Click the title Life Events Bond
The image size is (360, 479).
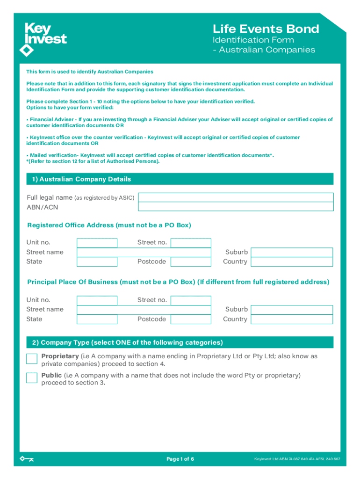click(266, 29)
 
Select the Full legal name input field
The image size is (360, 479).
click(236, 197)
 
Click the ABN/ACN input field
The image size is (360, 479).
click(236, 207)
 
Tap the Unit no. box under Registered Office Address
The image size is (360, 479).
click(97, 243)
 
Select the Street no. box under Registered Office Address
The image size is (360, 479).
click(191, 243)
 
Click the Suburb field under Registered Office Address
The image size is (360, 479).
click(292, 252)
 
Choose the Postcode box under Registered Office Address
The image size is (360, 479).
click(191, 262)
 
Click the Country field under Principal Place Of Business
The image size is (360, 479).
click(292, 319)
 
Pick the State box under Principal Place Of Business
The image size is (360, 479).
click(97, 319)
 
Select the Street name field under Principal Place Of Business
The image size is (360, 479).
click(144, 310)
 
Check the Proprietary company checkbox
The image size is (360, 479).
click(32, 359)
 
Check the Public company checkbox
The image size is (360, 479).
click(32, 378)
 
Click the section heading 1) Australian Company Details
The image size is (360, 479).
click(81, 179)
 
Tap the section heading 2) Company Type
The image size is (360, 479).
click(127, 342)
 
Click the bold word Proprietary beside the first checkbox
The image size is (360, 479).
click(60, 356)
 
